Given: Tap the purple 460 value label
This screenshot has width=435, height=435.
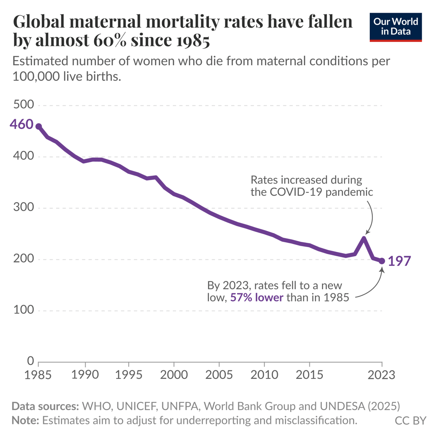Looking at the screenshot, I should coord(21,124).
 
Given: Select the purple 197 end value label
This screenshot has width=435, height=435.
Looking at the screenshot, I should coord(399,261).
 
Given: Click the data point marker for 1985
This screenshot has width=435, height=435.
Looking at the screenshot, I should coord(38,127).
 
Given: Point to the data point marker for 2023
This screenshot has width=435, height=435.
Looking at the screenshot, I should coord(382,261).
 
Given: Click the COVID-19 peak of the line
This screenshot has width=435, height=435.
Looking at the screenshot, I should coord(364,238).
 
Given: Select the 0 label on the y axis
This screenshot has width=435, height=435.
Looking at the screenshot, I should coord(30,361).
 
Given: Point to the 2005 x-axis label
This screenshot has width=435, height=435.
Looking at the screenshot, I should coord(219,375).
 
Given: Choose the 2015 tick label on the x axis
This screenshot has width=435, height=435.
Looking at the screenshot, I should coord(309,375).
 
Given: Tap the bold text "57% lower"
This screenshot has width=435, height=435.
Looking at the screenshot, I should coord(257,298).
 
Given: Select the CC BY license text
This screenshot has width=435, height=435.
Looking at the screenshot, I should coord(410,421).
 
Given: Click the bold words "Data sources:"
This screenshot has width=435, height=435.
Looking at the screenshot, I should coord(44,407).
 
